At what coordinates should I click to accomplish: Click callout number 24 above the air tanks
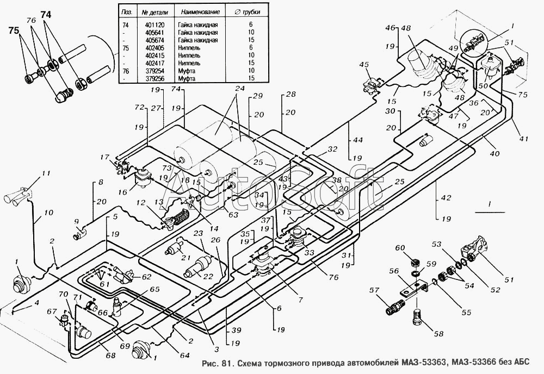pyautogui.click(x=237, y=89)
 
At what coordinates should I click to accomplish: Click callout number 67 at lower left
pyautogui.click(x=52, y=311)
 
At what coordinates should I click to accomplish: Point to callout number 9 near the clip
pyautogui.click(x=76, y=222)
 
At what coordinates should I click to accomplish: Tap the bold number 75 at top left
pyautogui.click(x=13, y=30)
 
